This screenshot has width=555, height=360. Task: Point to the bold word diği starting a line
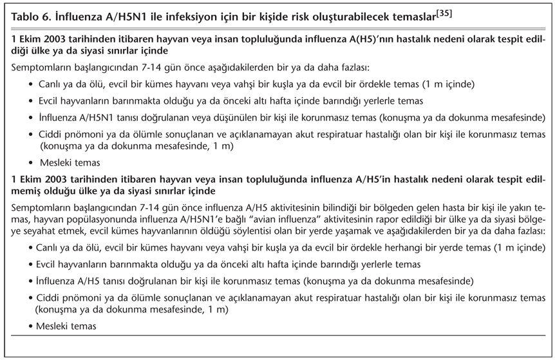(21, 50)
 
